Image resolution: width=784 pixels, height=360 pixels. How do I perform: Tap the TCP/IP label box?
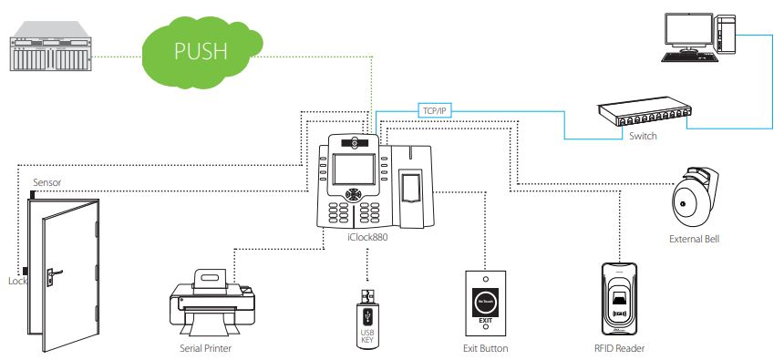pos(435,110)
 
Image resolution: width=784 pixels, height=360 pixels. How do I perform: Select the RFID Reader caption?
pos(619,348)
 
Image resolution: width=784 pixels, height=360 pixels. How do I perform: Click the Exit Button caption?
pos(485,348)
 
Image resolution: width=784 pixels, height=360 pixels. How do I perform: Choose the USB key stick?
pos(367,314)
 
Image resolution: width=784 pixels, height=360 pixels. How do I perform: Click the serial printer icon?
pos(211,305)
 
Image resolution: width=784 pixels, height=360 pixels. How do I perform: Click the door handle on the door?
pos(57,271)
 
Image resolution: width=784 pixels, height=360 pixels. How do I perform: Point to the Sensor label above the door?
pos(46,183)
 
